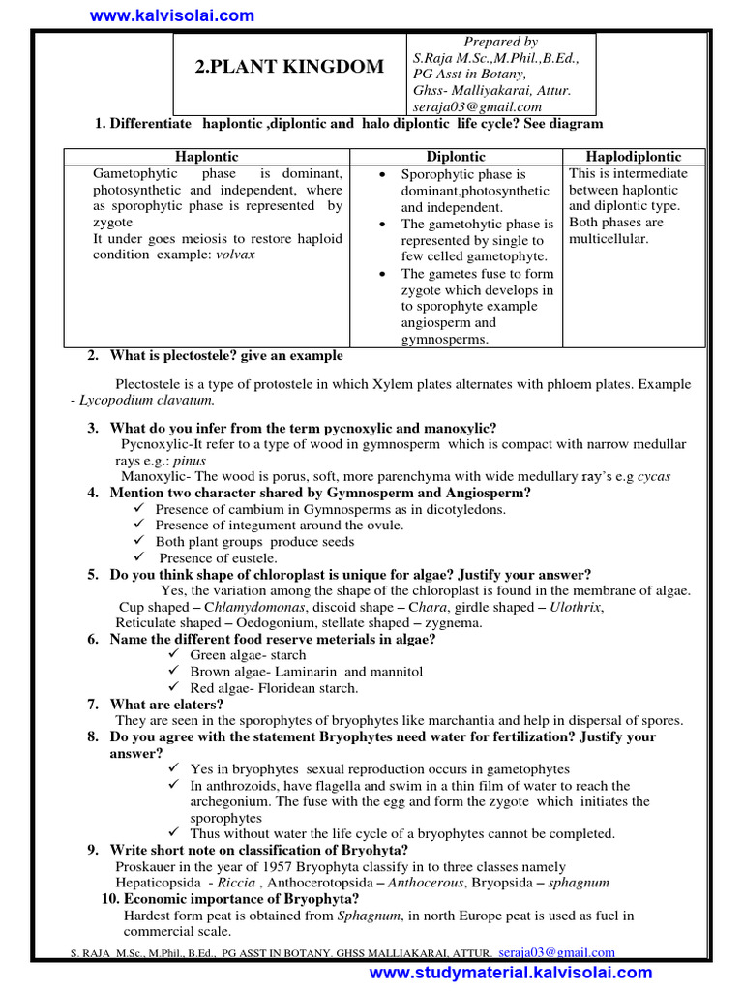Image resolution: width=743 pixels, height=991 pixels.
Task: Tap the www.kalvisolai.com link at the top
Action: click(x=172, y=15)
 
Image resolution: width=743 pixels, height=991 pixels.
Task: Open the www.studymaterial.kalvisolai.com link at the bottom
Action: click(x=511, y=973)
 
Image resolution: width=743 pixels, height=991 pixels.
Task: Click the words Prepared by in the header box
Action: click(x=501, y=42)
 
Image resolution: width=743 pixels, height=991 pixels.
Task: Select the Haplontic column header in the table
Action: click(x=205, y=157)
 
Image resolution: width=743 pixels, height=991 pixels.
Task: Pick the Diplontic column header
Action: click(x=456, y=157)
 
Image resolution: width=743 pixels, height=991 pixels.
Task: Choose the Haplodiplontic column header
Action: click(x=634, y=157)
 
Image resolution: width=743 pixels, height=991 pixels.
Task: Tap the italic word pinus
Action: click(x=190, y=461)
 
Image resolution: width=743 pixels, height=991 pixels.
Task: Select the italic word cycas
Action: click(x=652, y=477)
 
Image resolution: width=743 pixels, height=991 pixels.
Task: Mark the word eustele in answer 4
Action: click(x=255, y=557)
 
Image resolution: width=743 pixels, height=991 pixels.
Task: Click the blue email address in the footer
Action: click(x=556, y=953)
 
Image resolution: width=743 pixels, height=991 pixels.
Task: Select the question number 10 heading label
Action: click(x=111, y=898)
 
